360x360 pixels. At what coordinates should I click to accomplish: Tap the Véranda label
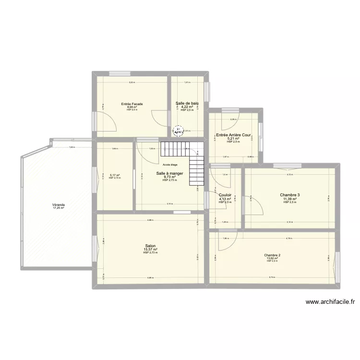pos(59,204)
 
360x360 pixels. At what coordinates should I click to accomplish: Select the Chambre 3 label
pos(290,195)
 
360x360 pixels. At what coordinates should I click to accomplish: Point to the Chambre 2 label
pos(272,255)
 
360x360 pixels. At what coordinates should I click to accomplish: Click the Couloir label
pos(225,195)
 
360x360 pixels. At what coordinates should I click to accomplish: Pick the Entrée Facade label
pos(132,104)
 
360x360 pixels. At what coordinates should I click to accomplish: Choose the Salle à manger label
pos(170,173)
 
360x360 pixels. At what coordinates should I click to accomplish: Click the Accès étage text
pos(170,165)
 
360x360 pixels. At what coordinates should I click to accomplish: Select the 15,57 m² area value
pos(150,250)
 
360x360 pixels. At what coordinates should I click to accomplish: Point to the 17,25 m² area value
pos(59,208)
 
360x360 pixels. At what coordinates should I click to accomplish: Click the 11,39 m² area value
pos(290,199)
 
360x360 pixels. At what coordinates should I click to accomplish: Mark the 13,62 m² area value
pos(272,258)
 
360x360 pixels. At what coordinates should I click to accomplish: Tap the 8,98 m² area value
pos(132,107)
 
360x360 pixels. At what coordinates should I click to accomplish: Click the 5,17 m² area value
pos(114,175)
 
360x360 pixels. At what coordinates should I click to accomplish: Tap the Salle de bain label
pos(187,103)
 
